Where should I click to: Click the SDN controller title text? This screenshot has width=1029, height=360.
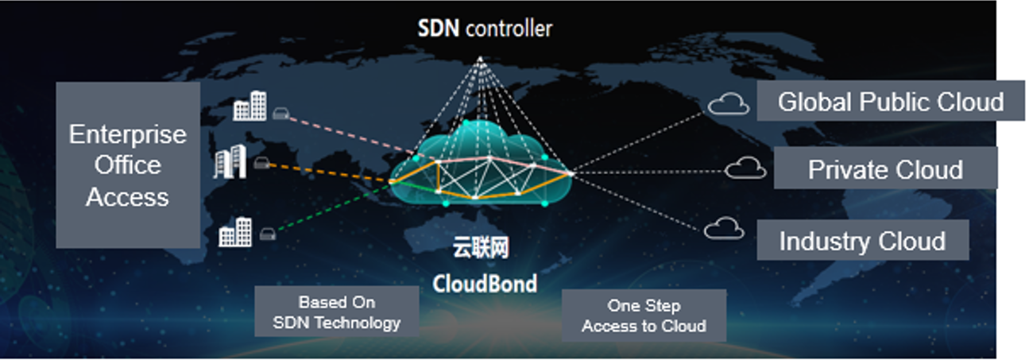(x=485, y=29)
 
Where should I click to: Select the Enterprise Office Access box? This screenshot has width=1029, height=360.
(x=127, y=165)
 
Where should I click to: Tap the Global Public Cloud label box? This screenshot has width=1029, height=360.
(x=890, y=102)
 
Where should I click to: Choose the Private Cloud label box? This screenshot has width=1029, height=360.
(x=884, y=168)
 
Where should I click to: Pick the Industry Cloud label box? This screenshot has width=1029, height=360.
(x=862, y=241)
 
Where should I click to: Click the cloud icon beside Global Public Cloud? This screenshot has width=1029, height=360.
(x=728, y=104)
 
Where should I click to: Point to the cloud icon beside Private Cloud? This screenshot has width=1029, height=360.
(x=745, y=168)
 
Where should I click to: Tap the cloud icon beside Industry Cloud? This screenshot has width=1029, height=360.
(x=724, y=229)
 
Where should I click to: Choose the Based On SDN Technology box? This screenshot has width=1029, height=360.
(x=336, y=312)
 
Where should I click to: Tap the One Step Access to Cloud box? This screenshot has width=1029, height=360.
(x=644, y=315)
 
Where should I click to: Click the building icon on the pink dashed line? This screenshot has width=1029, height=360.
(x=250, y=106)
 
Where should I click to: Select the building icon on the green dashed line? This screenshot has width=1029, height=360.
(x=235, y=232)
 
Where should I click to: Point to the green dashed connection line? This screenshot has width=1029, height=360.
(x=334, y=208)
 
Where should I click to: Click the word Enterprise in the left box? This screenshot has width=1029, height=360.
(x=127, y=134)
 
